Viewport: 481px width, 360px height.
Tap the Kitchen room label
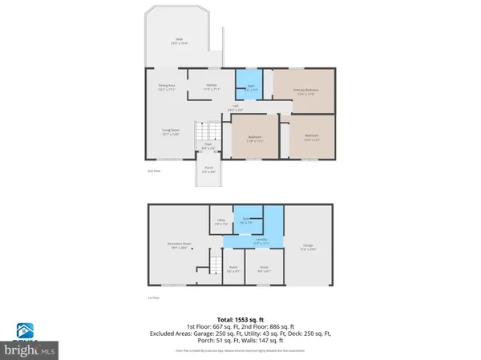[x=212, y=86]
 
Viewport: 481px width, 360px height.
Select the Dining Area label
[x=167, y=86]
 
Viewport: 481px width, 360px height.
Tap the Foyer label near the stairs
[x=208, y=146]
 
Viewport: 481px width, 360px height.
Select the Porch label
[x=208, y=170]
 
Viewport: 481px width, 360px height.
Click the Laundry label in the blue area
[x=261, y=241]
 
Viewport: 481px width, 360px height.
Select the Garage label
[x=309, y=247]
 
